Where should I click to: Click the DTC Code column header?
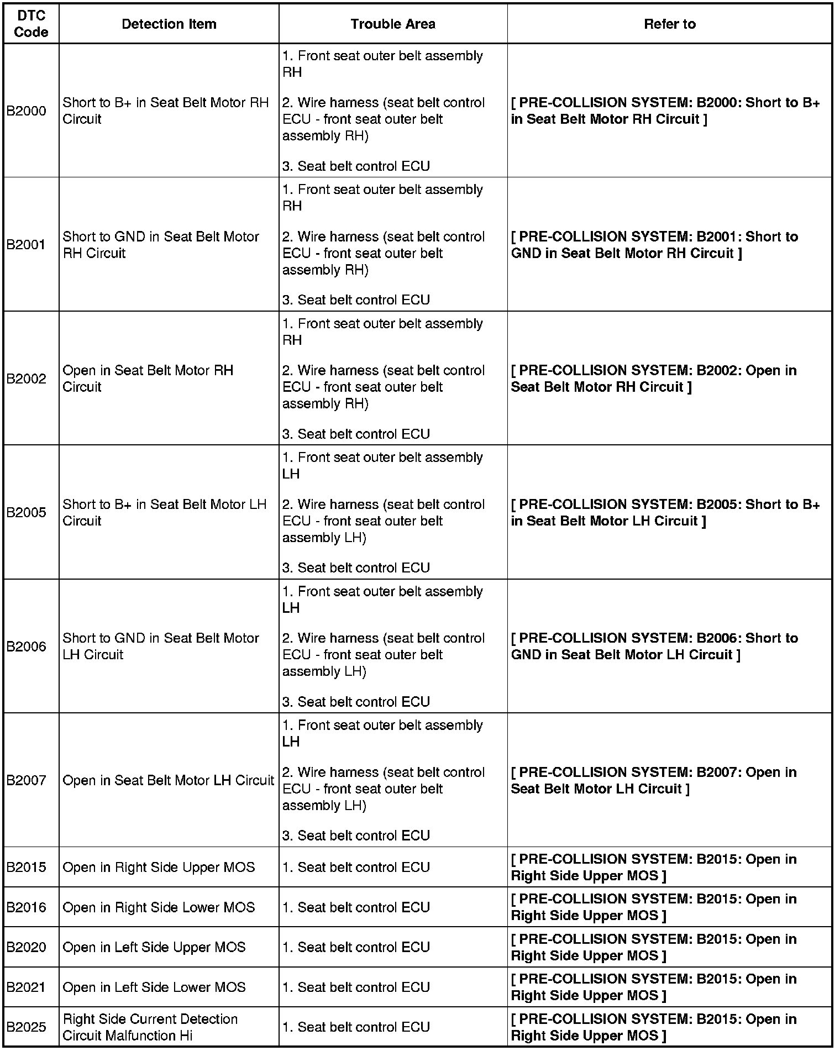pos(31,24)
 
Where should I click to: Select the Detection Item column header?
pos(169,24)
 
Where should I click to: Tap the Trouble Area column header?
pos(392,24)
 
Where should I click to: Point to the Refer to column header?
pos(669,24)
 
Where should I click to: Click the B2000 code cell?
pos(27,111)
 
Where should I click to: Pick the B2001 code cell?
pos(27,245)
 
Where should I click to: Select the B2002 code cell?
pos(27,379)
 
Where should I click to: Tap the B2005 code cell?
pos(27,513)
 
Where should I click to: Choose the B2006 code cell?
pos(27,647)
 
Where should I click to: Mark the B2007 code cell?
pos(27,780)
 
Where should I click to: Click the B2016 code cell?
pos(27,907)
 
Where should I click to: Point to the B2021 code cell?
pos(27,987)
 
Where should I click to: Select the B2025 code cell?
pos(27,1027)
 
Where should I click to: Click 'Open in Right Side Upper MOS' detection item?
pos(159,867)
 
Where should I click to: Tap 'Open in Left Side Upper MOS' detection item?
pos(154,947)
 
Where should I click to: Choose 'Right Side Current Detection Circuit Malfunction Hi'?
pos(150,1027)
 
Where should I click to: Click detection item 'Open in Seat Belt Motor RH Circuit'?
pos(148,379)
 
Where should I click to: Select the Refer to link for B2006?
pos(654,647)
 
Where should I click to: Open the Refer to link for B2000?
pos(665,111)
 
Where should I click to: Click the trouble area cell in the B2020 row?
pos(356,947)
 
